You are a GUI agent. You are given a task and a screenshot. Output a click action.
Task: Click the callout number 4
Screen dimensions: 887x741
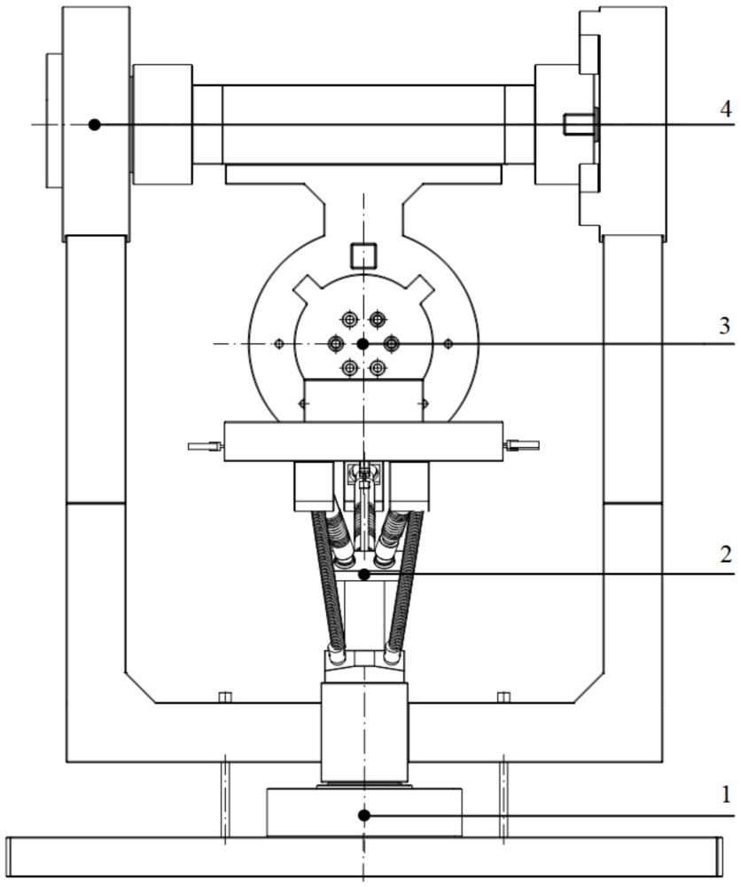point(725,109)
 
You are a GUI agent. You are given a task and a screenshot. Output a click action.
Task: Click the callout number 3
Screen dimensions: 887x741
point(725,326)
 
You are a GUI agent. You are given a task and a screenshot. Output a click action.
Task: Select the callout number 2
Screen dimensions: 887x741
point(725,555)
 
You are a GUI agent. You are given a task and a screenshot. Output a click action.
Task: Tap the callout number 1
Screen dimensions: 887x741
point(725,795)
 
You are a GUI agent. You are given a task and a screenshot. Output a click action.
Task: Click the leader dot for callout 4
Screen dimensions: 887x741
point(95,125)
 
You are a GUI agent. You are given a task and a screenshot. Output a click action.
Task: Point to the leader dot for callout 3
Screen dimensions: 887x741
point(362,343)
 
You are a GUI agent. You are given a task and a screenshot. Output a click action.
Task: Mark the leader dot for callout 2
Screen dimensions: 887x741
point(363,575)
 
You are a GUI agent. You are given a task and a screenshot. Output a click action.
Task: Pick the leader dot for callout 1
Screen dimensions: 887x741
point(363,814)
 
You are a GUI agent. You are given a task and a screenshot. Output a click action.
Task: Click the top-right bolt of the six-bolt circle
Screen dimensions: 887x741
point(378,319)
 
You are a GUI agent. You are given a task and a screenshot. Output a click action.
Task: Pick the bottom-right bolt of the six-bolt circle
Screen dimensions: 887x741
point(378,367)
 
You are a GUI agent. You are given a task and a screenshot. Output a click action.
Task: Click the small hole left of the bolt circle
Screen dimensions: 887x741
point(279,343)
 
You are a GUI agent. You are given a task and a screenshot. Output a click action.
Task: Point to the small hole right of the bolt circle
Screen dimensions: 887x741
point(448,343)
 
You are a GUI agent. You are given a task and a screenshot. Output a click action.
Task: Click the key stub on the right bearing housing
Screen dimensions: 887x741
point(577,125)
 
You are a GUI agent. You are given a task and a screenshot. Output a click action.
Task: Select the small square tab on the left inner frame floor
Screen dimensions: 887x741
point(224,697)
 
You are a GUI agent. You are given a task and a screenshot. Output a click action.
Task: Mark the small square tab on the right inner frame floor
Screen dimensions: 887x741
point(503,697)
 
